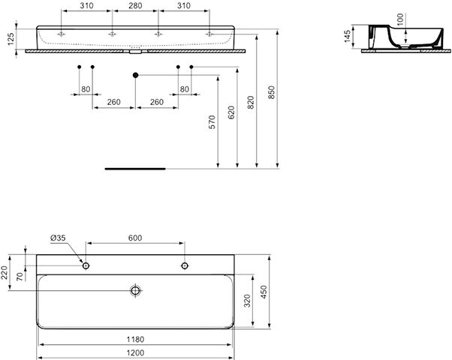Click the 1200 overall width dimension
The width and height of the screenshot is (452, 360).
(x=135, y=352)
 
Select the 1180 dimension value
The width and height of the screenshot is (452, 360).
(x=135, y=339)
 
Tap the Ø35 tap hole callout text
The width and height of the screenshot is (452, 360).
(x=58, y=238)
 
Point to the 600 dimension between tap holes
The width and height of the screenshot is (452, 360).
(x=135, y=238)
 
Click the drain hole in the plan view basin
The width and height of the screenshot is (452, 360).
(x=135, y=290)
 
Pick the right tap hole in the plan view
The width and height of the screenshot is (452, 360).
(x=185, y=265)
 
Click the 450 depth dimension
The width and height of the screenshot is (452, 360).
(x=264, y=292)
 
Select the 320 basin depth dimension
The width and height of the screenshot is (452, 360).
(x=247, y=301)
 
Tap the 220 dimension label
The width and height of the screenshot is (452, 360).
(x=5, y=272)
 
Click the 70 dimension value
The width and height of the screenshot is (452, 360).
(x=20, y=277)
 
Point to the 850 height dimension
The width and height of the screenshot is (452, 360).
(x=272, y=92)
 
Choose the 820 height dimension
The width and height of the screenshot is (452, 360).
(x=251, y=103)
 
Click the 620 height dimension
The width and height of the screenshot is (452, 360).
(x=231, y=112)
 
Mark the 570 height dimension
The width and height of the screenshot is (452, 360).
(x=212, y=122)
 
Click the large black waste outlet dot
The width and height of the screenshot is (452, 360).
(x=135, y=75)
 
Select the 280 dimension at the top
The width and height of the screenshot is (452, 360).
(x=135, y=5)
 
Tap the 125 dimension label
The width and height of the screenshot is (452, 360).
(x=11, y=39)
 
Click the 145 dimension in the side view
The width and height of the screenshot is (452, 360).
(x=348, y=36)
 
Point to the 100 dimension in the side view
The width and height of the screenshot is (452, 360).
(x=401, y=19)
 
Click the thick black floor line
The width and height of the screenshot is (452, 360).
(x=135, y=169)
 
